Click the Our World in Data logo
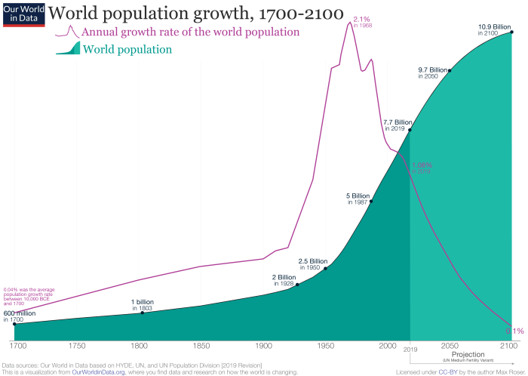tap(23, 14)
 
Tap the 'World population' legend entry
tap(127, 50)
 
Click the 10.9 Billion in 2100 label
tap(494, 30)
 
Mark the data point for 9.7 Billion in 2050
tap(450, 70)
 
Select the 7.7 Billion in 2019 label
tap(398, 125)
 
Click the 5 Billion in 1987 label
tap(357, 199)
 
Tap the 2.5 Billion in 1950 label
tap(312, 264)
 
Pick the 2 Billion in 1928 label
tap(284, 280)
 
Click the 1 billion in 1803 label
tap(143, 305)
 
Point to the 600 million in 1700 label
tap(19, 316)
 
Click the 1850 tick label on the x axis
tap(201, 346)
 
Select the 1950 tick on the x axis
tap(326, 346)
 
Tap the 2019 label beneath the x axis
tap(410, 350)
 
